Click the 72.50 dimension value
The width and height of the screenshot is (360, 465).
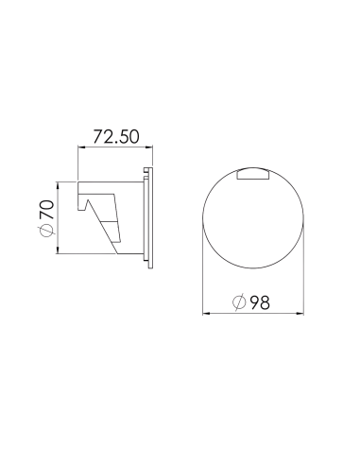116,137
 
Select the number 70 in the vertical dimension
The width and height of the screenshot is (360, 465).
46,209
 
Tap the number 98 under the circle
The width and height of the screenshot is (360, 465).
260,302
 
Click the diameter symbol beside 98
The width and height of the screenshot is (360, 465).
239,302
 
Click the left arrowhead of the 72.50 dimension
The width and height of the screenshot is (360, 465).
81,146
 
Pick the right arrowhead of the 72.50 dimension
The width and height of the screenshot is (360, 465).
149,146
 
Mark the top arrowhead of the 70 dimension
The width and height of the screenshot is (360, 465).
58,185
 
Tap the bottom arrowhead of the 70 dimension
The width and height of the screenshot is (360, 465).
58,250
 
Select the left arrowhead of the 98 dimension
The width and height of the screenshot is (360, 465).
206,313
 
